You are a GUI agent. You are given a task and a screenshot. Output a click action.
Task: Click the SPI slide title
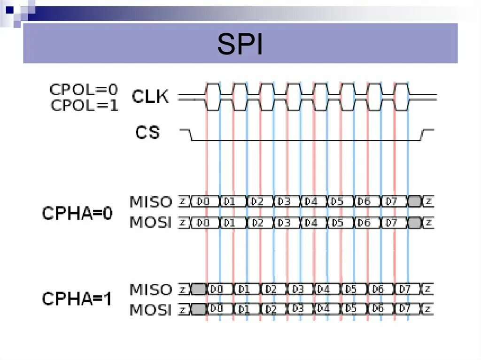tap(240, 45)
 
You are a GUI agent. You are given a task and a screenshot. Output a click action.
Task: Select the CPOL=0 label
tap(84, 89)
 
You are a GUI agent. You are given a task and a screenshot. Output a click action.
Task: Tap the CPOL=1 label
tap(84, 106)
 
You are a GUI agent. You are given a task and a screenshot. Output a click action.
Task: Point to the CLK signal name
tap(150, 97)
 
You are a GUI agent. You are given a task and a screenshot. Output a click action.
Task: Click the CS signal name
tap(147, 133)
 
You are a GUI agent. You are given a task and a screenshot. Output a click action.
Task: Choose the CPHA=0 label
tap(78, 213)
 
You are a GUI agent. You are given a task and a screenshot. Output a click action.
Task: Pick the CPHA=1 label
tap(78, 299)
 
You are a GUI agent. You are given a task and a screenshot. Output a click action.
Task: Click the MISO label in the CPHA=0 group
tap(151, 202)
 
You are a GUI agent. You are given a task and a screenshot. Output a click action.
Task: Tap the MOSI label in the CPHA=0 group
tap(151, 222)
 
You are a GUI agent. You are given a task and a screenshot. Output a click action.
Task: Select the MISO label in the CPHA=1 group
tap(151, 289)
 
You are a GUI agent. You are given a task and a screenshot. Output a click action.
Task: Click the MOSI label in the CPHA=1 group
tap(151, 310)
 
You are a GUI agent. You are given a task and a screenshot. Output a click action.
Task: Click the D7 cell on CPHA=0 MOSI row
tap(391, 222)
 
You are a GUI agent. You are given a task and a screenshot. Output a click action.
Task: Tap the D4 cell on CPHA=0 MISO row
tap(311, 202)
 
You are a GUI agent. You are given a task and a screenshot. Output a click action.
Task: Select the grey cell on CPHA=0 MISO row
tap(414, 202)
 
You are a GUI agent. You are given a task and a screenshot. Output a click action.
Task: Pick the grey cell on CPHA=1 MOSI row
tap(199, 309)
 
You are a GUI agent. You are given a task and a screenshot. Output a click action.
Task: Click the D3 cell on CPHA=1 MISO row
tap(297, 289)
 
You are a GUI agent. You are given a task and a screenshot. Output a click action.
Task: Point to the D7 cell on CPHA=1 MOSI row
tap(405, 309)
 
